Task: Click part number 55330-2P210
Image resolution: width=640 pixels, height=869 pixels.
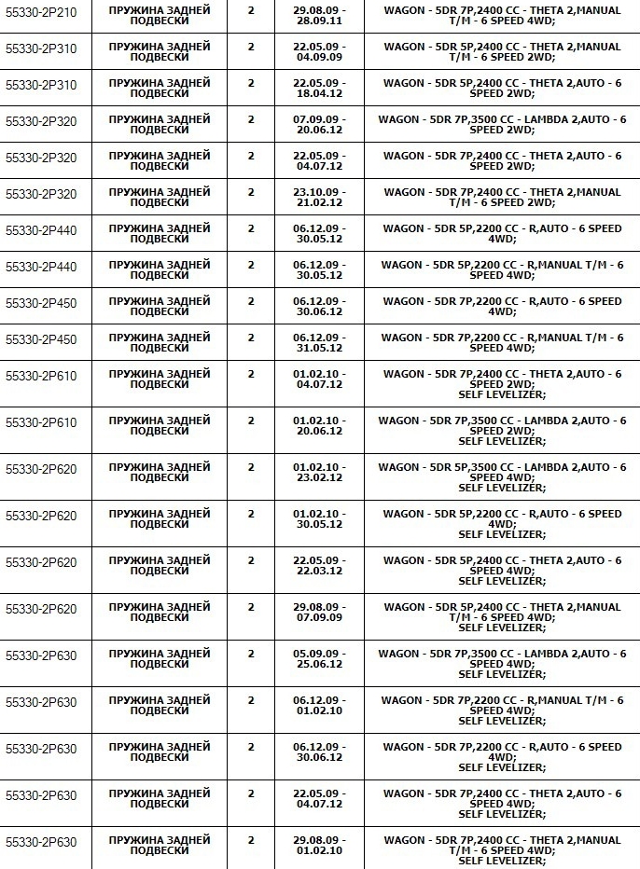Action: [x=41, y=12]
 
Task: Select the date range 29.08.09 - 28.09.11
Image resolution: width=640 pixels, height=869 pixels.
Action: [x=318, y=14]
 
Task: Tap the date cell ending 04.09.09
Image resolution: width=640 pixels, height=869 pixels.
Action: [x=318, y=51]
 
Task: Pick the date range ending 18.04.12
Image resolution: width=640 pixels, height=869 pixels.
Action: [x=318, y=88]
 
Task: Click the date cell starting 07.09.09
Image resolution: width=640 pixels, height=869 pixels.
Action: [x=318, y=124]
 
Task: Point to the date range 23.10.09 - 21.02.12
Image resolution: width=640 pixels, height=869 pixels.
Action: [x=318, y=197]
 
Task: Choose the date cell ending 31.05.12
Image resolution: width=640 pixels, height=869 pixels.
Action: [x=318, y=342]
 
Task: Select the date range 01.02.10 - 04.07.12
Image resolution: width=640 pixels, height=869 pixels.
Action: [x=318, y=379]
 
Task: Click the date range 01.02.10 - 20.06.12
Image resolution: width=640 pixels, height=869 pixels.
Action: [x=318, y=425]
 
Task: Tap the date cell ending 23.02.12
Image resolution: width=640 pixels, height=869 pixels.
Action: [x=318, y=472]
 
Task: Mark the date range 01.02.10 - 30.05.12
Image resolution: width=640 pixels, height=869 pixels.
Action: [x=318, y=518]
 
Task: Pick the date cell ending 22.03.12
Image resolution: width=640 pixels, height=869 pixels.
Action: [x=318, y=565]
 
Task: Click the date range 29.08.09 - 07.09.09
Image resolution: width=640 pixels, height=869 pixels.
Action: [x=318, y=612]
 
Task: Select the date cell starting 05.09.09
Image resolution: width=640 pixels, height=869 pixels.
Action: [x=318, y=658]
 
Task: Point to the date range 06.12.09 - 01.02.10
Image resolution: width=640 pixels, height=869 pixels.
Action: [x=318, y=705]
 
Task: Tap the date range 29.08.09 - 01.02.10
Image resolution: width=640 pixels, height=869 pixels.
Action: [x=318, y=845]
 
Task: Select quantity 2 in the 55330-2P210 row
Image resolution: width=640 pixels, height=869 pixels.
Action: [x=250, y=9]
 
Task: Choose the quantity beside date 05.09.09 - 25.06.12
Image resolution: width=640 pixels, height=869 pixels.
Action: [x=250, y=654]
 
